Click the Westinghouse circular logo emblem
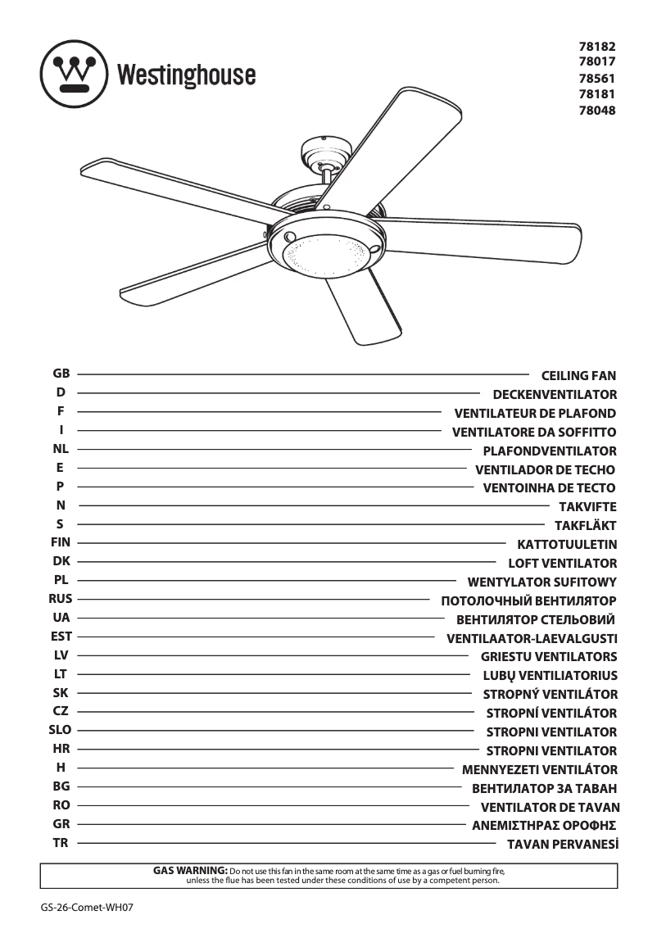tap(74, 75)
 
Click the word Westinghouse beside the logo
tap(186, 75)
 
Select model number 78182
tap(596, 48)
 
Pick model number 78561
tap(596, 79)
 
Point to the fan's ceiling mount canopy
tap(326, 152)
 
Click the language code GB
tap(61, 374)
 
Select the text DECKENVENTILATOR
tap(555, 395)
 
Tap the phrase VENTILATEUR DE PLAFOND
tap(535, 414)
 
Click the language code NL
tap(61, 449)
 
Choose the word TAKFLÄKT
tap(585, 526)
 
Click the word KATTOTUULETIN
tap(567, 545)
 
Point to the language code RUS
tap(61, 599)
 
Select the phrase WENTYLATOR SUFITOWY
tap(541, 582)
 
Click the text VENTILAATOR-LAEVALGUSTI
tap(532, 638)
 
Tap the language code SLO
tap(61, 730)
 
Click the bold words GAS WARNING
tap(190, 869)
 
